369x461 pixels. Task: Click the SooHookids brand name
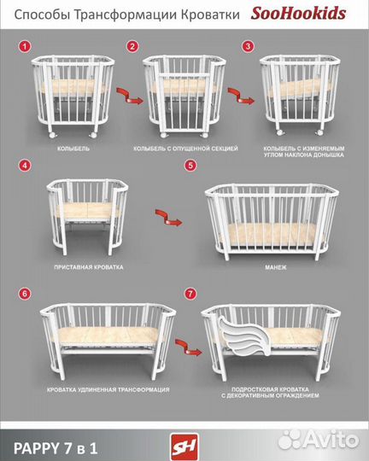[x=298, y=14]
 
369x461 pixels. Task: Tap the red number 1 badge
[x=25, y=46]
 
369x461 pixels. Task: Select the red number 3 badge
[x=248, y=46]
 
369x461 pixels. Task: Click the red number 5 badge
[x=190, y=166]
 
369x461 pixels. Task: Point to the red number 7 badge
[x=190, y=294]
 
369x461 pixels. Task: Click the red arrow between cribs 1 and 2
[x=130, y=96]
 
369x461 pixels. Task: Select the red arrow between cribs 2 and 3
[x=241, y=96]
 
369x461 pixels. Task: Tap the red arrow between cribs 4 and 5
[x=168, y=218]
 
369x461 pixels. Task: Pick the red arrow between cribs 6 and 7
[x=189, y=347]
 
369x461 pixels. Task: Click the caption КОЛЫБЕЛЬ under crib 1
[x=73, y=149]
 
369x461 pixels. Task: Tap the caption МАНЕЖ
[x=275, y=267]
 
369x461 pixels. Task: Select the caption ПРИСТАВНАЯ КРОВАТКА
[x=89, y=267]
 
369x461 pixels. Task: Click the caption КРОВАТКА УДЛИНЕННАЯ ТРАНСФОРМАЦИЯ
[x=108, y=390]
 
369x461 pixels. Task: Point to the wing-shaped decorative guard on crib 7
[x=244, y=336]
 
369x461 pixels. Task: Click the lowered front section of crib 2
[x=184, y=102]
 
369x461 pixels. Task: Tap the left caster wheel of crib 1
[x=53, y=134]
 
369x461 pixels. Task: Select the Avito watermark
[x=319, y=440]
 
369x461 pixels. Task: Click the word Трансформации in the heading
[x=126, y=15]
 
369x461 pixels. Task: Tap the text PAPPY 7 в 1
[x=56, y=449]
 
